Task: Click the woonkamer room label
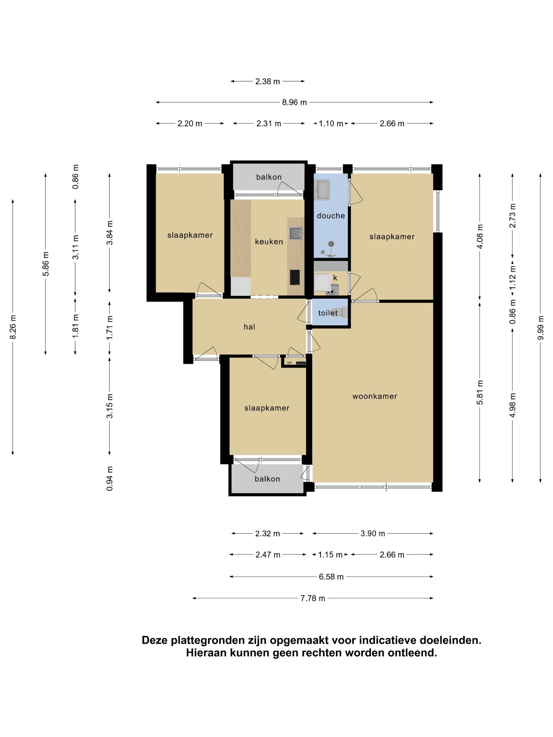coord(375,396)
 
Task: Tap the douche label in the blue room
coord(331,216)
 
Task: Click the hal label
coord(249,327)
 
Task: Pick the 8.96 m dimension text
coord(294,102)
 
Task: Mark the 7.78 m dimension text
coord(313,598)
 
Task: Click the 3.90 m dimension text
coord(373,534)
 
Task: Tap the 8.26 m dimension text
coord(13,327)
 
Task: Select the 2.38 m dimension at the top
coord(267,81)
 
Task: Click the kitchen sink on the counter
coord(296,233)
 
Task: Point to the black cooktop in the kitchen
coord(294,277)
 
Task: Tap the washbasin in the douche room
coord(323,190)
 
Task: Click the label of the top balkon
coord(269,177)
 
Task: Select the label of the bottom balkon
coord(267,479)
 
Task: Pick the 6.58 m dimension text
coord(331,577)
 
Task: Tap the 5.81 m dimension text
coord(480,392)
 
